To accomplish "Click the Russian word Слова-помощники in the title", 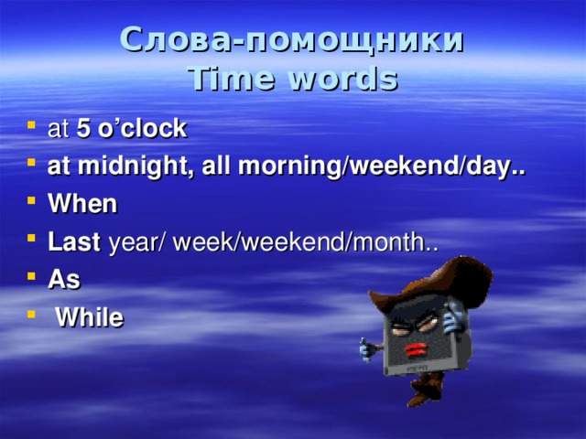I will click(x=292, y=41).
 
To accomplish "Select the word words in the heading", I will click(x=345, y=80).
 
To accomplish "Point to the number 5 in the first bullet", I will click(x=83, y=129).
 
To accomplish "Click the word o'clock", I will click(x=140, y=129).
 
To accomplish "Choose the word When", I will click(x=81, y=204).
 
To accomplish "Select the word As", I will click(x=63, y=280).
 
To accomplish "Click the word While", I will click(x=89, y=317).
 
